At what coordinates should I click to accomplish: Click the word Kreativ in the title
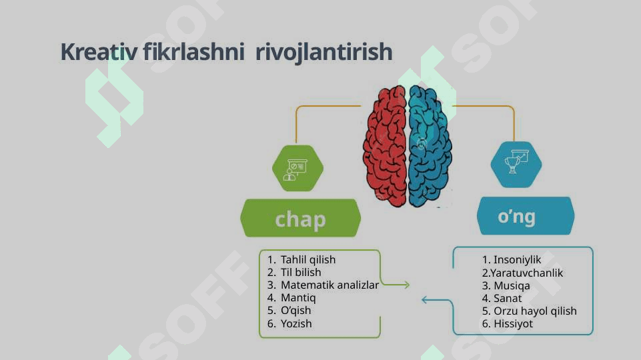coord(99,52)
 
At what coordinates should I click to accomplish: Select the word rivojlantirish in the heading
coord(324,53)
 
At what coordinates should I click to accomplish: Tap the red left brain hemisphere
coord(385,146)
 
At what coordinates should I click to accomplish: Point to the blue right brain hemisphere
coord(430,146)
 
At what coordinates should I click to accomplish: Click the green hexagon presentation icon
coord(297,169)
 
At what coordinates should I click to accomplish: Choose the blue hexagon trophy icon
coord(516,164)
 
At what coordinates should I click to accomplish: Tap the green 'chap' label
coord(300,218)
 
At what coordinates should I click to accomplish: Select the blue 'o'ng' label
coord(526,216)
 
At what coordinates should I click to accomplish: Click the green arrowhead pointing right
coord(406,285)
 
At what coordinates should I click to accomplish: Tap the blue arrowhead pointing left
coord(425,301)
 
